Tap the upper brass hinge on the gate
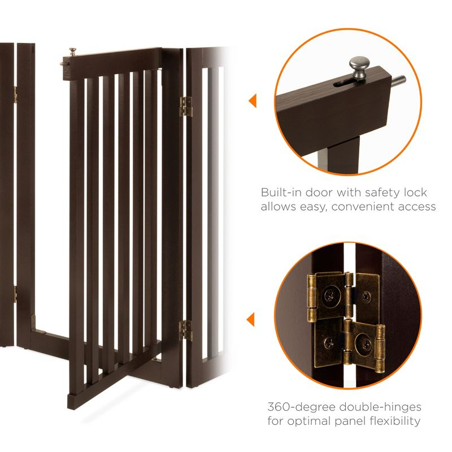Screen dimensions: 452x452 [185, 106]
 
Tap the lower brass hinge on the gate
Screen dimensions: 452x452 [185, 329]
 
